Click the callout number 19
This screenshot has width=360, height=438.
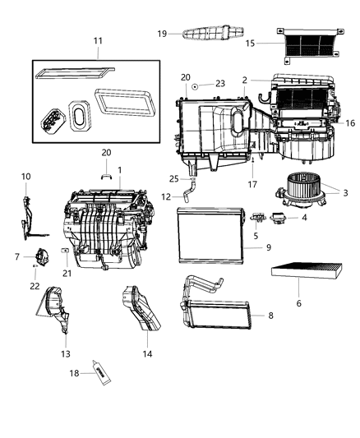[x=162, y=34]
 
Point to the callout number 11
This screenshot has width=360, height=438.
[x=98, y=40]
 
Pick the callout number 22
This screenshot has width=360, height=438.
[x=35, y=285]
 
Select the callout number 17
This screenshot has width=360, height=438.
[x=252, y=184]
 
